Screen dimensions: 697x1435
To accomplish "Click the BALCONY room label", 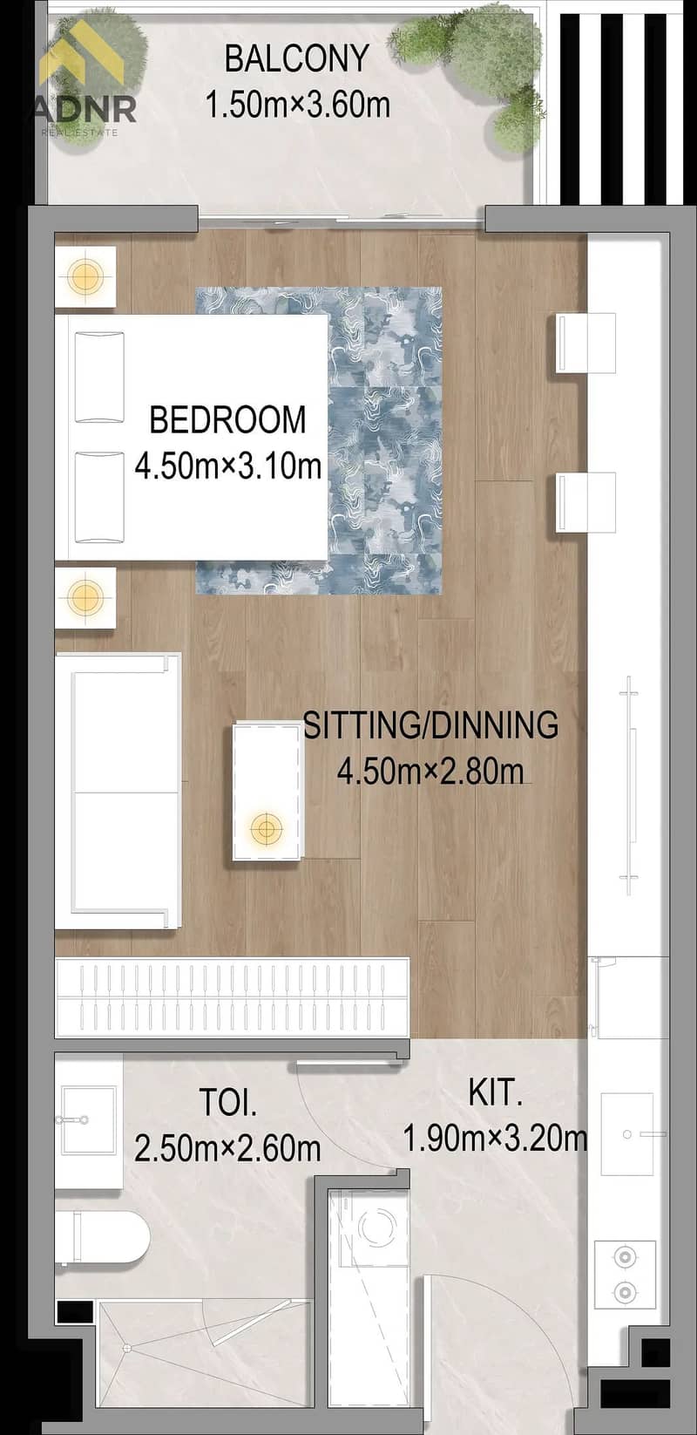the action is pos(296,58).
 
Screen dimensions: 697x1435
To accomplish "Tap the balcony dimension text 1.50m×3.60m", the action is pos(298,104).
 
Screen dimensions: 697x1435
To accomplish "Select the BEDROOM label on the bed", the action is pos(228,419).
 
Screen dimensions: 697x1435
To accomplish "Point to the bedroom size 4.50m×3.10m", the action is pos(228,466).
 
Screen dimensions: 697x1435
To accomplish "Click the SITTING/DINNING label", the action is pos(430,724).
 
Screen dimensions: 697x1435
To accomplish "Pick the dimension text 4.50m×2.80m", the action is pos(430,771).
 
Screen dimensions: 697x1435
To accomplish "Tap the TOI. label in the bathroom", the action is pos(228,1102).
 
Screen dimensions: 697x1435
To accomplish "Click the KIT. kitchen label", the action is pos(496,1092).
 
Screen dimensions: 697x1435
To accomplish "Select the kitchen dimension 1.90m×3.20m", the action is pos(495,1139).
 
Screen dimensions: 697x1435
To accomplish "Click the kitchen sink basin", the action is pos(627,1134).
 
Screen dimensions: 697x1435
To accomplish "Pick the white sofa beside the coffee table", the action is pos(118,791).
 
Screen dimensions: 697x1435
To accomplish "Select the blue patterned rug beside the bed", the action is pos(319,440).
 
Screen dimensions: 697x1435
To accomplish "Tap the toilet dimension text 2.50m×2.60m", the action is pos(228,1148).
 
